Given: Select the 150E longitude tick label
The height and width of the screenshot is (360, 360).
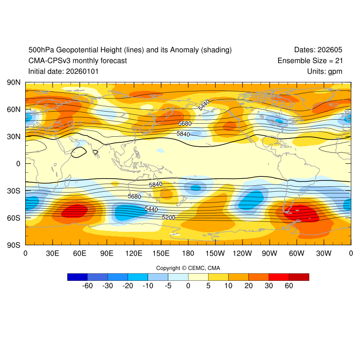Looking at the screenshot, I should [x=161, y=253].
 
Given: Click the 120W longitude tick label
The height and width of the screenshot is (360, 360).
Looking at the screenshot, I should [x=243, y=253].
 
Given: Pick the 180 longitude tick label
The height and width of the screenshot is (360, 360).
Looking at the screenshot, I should [x=188, y=253].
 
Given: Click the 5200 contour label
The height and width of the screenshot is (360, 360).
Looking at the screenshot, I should [x=168, y=217].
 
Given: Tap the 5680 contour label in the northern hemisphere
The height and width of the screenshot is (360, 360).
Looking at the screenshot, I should [x=185, y=124].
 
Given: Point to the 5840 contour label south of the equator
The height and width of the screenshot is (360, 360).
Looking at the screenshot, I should [x=155, y=184].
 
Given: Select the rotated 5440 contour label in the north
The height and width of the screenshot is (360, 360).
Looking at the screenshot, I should [x=204, y=105].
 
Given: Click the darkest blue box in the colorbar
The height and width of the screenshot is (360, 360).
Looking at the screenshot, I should [x=77, y=277].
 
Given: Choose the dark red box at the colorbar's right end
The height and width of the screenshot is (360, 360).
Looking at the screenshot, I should [x=299, y=277].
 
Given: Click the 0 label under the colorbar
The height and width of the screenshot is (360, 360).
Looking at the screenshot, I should [x=188, y=286].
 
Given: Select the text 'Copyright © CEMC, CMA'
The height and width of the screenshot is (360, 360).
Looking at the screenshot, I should [x=188, y=268].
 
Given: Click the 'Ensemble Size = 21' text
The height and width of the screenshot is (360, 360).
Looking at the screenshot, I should [x=310, y=60].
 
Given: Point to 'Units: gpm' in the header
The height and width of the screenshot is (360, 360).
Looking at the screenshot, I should [x=325, y=71].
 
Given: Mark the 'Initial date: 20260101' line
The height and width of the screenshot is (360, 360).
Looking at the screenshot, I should [x=63, y=71].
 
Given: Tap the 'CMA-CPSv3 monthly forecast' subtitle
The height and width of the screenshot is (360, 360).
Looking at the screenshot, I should [x=77, y=60].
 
